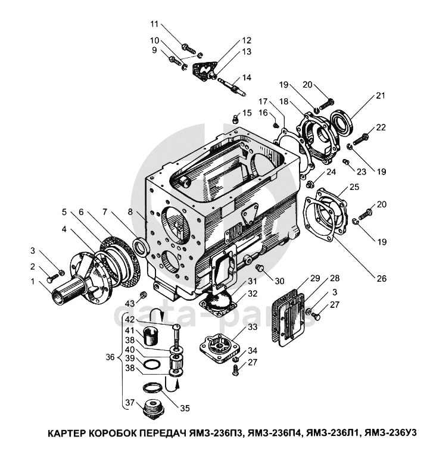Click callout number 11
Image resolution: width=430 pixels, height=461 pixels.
[x=154, y=24]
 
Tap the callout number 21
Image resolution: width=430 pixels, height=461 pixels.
[x=381, y=95]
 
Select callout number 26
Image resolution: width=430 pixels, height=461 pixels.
[x=381, y=278]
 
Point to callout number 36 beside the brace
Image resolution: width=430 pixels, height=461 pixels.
[x=110, y=357]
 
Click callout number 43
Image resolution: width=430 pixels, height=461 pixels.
[x=130, y=303]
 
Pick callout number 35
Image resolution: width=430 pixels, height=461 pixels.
[x=185, y=408]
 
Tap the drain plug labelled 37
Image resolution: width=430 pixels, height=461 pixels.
[x=152, y=407]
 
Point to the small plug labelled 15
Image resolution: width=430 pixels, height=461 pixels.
[x=235, y=119]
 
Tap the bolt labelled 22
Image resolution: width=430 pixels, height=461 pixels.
[x=361, y=139]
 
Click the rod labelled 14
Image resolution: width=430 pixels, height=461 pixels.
[x=232, y=87]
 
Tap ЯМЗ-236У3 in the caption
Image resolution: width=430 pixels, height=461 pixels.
[x=390, y=433]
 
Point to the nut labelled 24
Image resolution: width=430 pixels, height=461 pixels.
[x=309, y=185]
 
